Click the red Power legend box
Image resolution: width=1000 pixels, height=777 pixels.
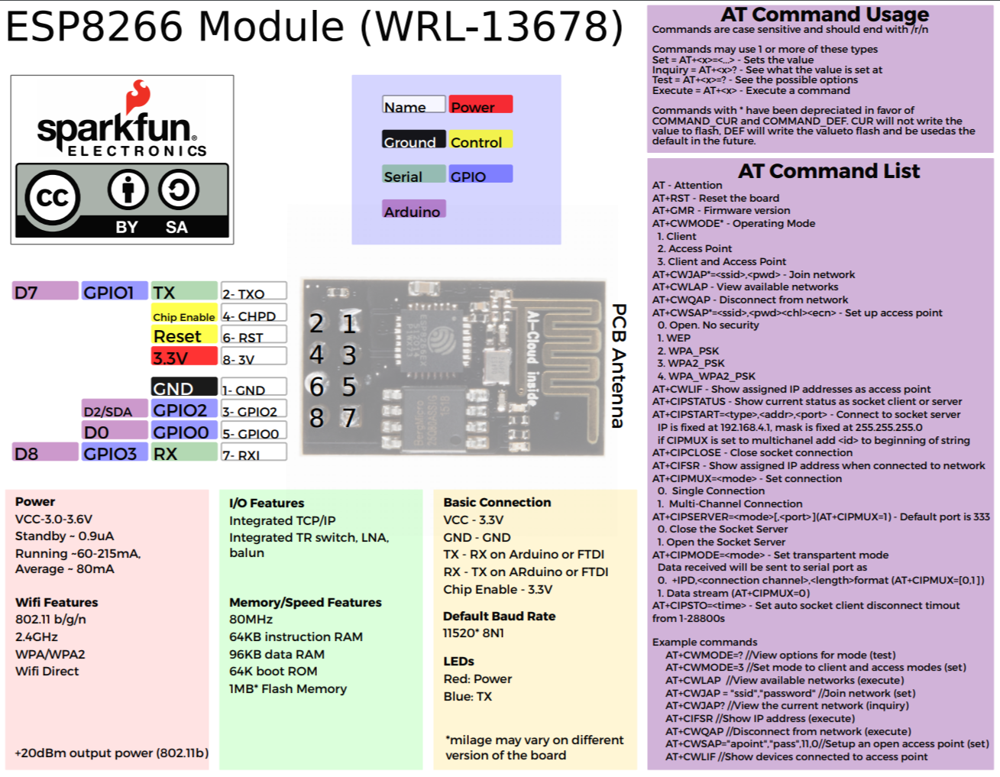coord(481,105)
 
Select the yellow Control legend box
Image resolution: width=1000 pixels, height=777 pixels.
coord(481,140)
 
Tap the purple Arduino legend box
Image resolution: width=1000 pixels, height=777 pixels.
coord(413,209)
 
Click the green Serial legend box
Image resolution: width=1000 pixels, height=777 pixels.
coord(413,174)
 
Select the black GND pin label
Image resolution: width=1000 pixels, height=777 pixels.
coord(184,387)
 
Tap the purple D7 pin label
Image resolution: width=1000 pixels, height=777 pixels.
coord(45,291)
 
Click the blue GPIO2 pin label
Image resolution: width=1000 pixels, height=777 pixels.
coord(184,410)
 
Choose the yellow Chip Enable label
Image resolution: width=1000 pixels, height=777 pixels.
coord(184,315)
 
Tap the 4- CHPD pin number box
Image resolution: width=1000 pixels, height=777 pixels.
coord(254,314)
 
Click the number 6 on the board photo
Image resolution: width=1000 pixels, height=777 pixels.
coord(317,386)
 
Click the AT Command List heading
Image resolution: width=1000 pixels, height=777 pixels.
coord(828,171)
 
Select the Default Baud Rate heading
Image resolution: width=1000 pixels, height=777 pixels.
coord(499,616)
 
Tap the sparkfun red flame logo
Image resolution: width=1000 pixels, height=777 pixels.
coord(139,96)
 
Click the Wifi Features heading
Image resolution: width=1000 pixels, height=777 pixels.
coord(57,602)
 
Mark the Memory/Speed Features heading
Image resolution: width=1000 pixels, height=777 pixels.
coord(305,602)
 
